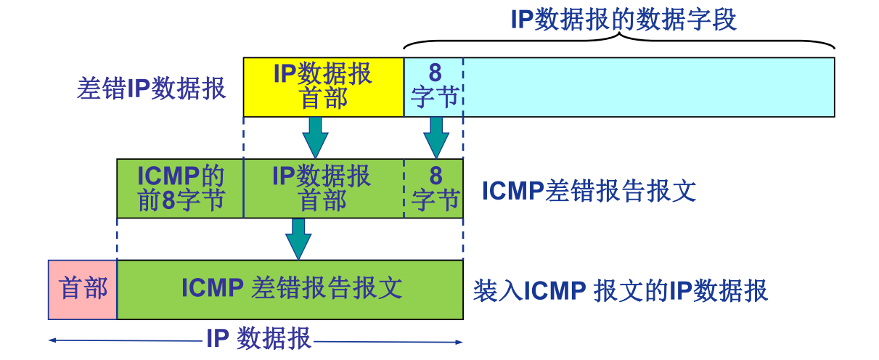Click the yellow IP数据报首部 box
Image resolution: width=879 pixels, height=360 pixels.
point(323,87)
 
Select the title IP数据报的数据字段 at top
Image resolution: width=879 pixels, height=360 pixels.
point(624,20)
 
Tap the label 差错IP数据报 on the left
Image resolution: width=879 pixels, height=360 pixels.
point(151,89)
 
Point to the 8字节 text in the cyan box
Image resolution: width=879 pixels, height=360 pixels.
point(434,86)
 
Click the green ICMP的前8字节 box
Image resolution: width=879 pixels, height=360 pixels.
point(180,189)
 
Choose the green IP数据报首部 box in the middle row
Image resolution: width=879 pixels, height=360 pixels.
point(323,189)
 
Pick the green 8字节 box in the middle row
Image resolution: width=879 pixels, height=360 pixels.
point(434,189)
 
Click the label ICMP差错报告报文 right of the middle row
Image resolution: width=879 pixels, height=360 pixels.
point(589,191)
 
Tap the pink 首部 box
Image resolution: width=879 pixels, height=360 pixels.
point(83,290)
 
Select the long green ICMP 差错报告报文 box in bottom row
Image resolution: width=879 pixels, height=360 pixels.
point(290,290)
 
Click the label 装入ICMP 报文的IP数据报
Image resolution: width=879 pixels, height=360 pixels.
point(621,291)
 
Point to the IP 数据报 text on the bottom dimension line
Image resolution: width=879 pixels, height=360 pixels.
point(258,339)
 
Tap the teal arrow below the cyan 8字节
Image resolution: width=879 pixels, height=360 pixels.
point(436,136)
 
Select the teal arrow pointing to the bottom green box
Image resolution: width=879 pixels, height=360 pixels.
point(298,238)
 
